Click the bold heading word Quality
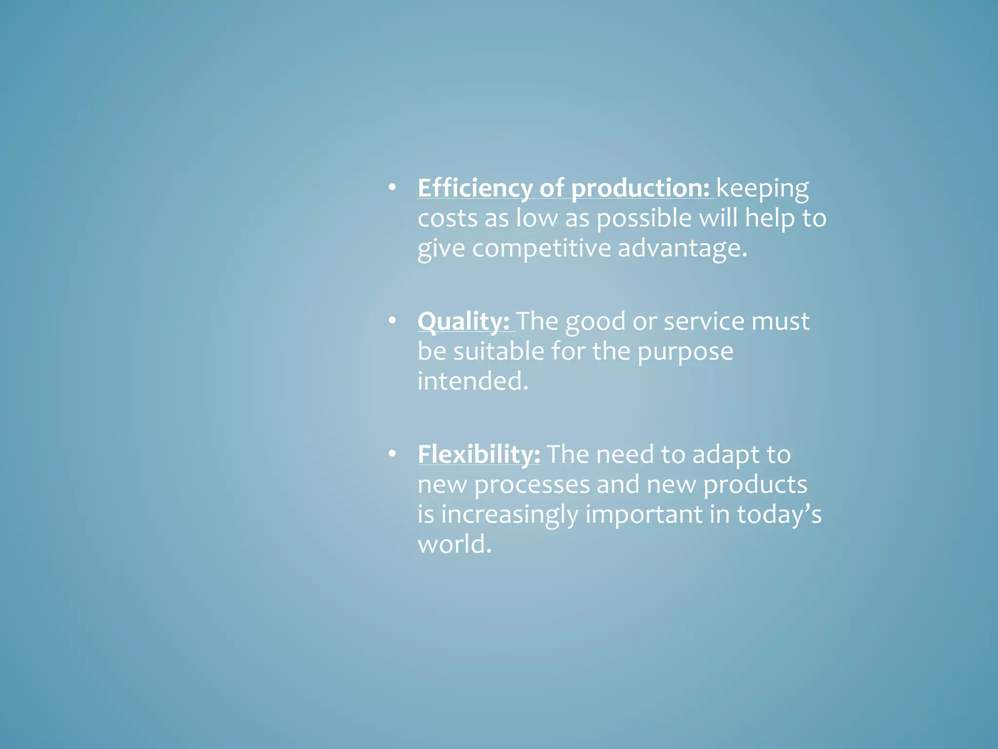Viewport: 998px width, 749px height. (463, 321)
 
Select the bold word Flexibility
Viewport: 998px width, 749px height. (479, 454)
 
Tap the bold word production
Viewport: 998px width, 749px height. (640, 188)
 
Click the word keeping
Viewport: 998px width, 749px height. (762, 188)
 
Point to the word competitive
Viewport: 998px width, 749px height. (541, 248)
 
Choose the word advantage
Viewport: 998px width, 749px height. (682, 248)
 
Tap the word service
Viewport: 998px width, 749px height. (704, 321)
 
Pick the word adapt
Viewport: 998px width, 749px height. (726, 455)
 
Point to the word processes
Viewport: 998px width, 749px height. (532, 485)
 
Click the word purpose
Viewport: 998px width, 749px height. (685, 352)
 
